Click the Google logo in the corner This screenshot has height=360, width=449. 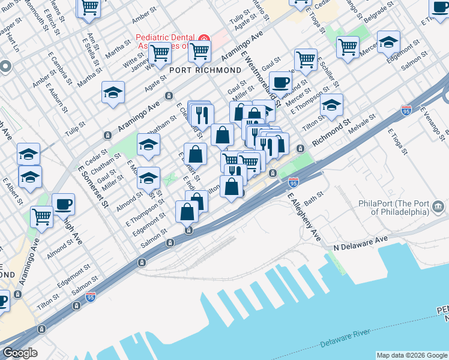tap(20, 353)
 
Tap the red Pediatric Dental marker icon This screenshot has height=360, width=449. tap(204, 40)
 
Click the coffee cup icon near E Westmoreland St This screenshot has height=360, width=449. tap(280, 82)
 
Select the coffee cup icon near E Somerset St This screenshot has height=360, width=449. tap(63, 204)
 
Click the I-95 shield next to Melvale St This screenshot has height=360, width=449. tap(406, 110)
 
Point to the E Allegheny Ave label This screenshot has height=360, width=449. tap(304, 218)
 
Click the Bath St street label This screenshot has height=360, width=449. tap(314, 196)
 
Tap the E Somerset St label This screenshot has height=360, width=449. tap(92, 186)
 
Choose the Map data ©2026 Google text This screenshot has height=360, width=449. tap(412, 355)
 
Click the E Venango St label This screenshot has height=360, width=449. tap(432, 121)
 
